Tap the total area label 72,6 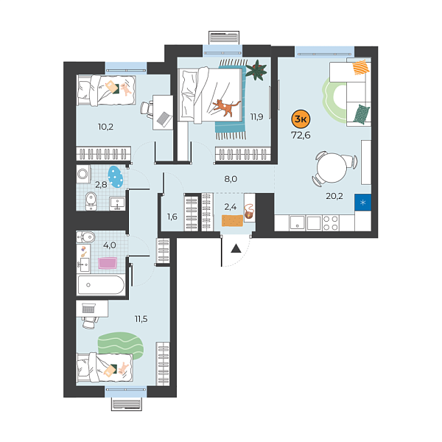(301, 136)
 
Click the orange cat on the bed (223, 108)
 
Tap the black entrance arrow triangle (236, 248)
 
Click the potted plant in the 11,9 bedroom (257, 71)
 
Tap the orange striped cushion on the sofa (359, 69)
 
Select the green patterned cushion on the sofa (359, 113)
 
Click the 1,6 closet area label (172, 217)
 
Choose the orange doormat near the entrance (233, 220)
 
